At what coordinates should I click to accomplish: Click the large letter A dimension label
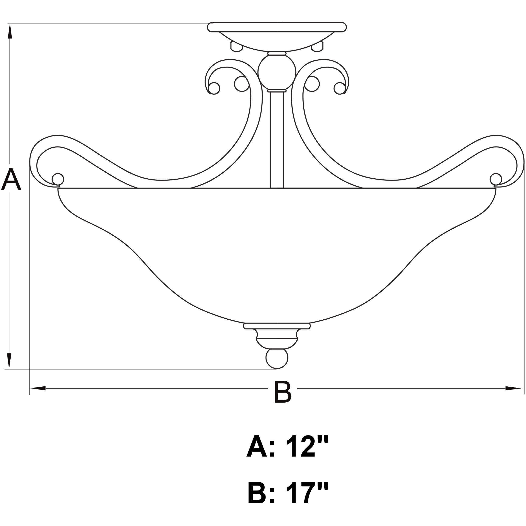[x=11, y=180]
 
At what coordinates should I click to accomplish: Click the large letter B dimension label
[x=282, y=392]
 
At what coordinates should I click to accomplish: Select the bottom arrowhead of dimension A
[x=10, y=361]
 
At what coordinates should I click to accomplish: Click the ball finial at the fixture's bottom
[x=277, y=359]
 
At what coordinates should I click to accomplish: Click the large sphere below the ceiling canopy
[x=277, y=71]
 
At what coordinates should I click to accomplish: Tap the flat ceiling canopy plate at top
[x=277, y=27]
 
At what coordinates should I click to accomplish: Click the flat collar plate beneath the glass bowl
[x=277, y=326]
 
